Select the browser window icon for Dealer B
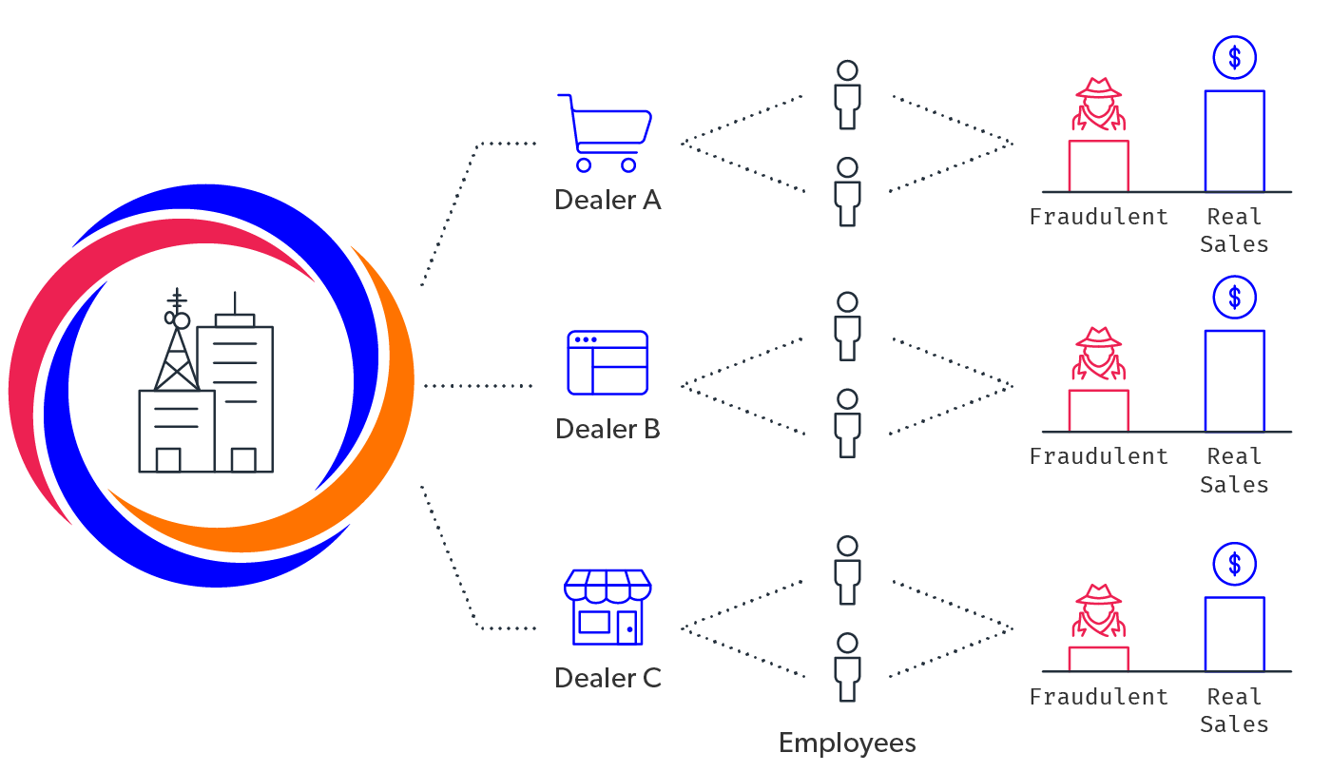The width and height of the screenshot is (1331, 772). click(608, 362)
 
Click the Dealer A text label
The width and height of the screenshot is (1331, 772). click(608, 201)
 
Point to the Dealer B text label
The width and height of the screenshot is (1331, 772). click(608, 430)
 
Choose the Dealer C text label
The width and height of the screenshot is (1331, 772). click(608, 678)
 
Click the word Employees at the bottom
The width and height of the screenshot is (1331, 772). click(847, 743)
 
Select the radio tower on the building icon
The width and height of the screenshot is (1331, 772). click(177, 347)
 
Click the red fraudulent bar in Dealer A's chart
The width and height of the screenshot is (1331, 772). click(1098, 166)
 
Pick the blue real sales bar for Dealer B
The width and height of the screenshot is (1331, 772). click(1234, 381)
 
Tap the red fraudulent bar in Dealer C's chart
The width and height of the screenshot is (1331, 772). click(1098, 659)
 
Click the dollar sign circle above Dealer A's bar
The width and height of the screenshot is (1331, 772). click(1234, 58)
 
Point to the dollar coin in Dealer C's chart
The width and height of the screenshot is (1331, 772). click(1234, 565)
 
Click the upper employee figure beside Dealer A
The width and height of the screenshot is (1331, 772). click(847, 95)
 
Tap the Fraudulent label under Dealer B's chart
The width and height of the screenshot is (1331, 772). click(1098, 457)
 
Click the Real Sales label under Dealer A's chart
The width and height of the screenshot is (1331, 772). click(1234, 230)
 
